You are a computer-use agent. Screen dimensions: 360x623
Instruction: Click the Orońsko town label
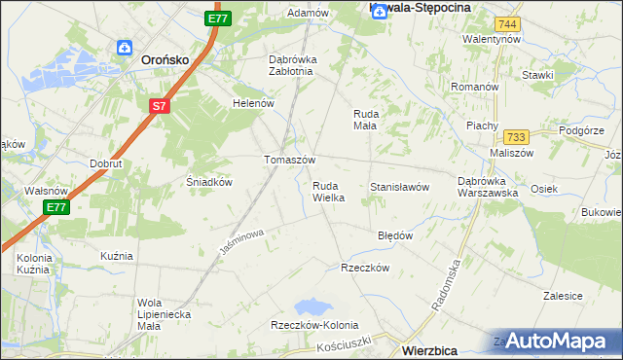(x=164, y=58)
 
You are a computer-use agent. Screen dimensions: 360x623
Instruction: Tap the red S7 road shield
(x=162, y=105)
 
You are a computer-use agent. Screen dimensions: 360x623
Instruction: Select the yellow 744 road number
(x=505, y=23)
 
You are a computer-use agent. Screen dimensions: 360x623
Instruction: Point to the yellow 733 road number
(x=515, y=137)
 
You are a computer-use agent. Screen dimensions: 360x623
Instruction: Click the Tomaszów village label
(x=290, y=160)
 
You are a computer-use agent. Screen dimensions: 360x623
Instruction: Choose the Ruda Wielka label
(x=328, y=191)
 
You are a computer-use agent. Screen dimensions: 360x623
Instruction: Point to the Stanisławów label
(x=399, y=187)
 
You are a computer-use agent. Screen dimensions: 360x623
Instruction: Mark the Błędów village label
(x=395, y=235)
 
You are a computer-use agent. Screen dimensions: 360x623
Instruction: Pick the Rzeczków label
(x=364, y=268)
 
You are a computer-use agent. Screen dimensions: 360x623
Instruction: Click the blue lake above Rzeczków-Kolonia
(x=312, y=306)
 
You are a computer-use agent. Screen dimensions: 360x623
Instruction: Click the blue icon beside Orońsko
(x=124, y=47)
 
